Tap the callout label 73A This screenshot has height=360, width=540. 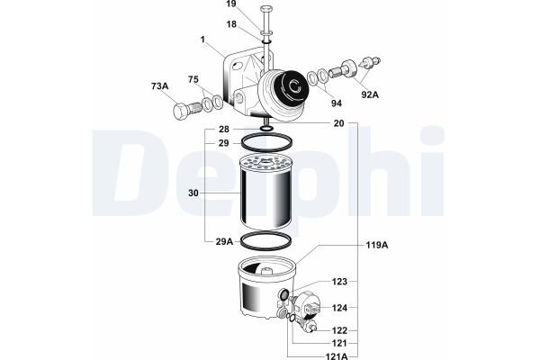point(160,86)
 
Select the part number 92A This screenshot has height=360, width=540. point(370,94)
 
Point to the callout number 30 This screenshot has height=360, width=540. point(193,193)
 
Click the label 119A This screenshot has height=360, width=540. point(377,245)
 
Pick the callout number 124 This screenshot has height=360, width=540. point(339,308)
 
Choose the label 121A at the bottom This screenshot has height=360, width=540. point(337,355)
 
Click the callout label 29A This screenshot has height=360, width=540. point(224,241)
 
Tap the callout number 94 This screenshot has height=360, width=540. point(337,103)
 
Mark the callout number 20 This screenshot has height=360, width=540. point(339,123)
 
